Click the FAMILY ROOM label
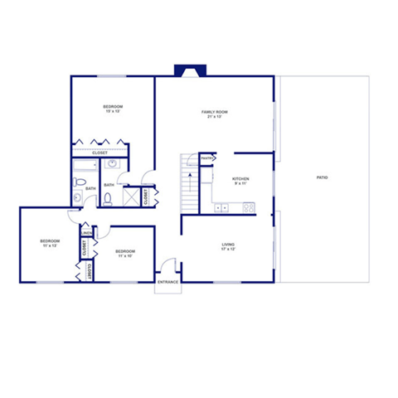point(214,112)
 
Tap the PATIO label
point(321,177)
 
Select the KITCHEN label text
point(240,179)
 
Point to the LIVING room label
point(228,245)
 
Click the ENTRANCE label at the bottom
point(167,282)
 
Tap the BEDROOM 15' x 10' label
point(113,107)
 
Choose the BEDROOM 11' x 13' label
point(50,241)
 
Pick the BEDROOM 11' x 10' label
point(125,251)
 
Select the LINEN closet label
point(86,233)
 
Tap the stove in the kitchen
point(246,207)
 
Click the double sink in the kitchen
point(221,207)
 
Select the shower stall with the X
point(131,197)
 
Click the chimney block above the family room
point(184,71)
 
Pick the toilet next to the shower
point(108,197)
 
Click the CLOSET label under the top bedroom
point(99,153)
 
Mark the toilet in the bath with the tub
point(77,198)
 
